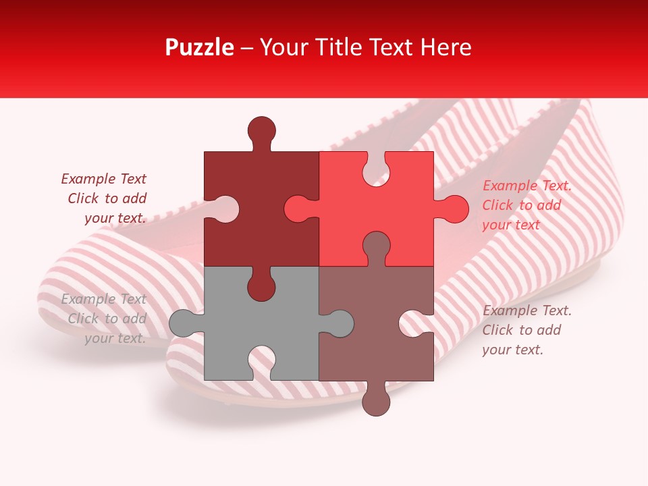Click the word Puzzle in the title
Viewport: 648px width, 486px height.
tap(200, 47)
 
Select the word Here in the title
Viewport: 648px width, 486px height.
tap(446, 47)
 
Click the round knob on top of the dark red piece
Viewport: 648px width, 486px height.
tap(261, 130)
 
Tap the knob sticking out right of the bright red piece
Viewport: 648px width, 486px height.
tap(454, 209)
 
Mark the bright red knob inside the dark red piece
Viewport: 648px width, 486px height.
tap(298, 209)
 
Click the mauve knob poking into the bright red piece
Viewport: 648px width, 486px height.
tap(376, 246)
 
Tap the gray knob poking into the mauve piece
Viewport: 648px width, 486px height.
tap(338, 323)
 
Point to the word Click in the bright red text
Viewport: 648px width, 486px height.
tap(497, 205)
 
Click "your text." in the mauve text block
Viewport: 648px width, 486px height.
tap(512, 350)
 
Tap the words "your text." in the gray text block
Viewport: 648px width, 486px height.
tap(115, 338)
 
